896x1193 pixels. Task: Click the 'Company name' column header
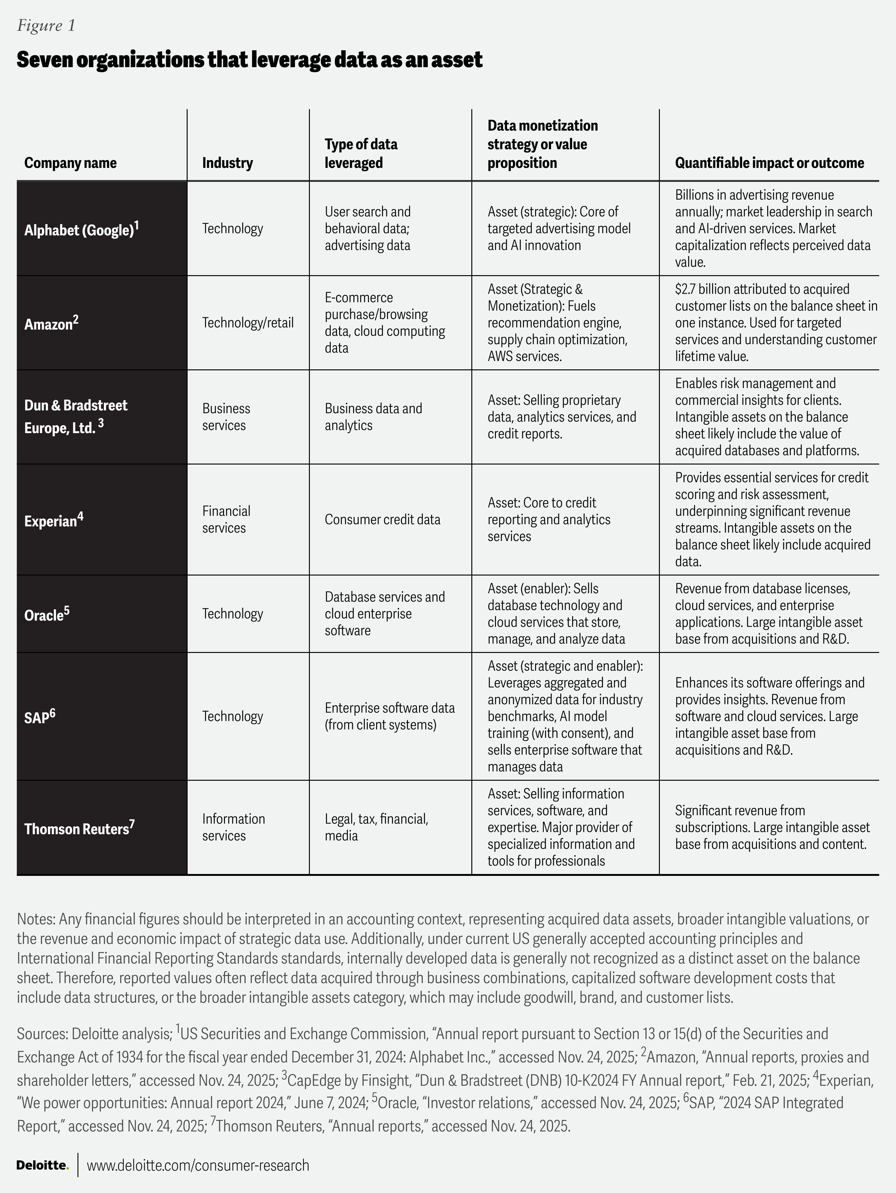point(70,163)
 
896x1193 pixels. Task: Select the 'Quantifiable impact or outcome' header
point(769,163)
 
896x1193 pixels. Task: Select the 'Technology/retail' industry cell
point(248,322)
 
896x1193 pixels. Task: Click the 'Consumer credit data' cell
point(382,519)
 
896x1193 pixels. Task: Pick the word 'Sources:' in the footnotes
point(41,1034)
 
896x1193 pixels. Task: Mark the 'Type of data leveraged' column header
point(361,154)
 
